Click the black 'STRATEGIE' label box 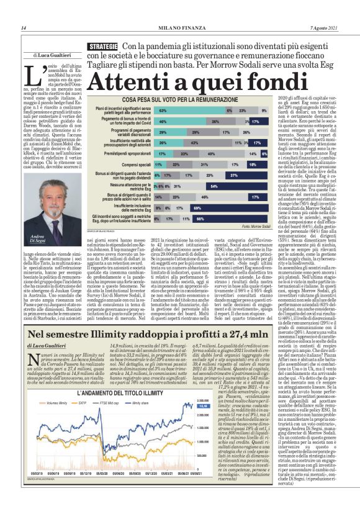pos(103,47)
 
